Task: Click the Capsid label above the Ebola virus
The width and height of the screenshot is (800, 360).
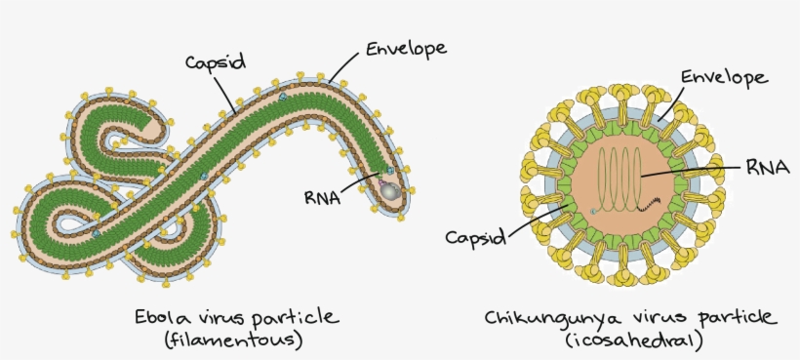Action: [211, 60]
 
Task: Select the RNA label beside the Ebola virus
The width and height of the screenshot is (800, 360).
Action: [322, 198]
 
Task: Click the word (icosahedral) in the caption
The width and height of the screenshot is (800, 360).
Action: [631, 341]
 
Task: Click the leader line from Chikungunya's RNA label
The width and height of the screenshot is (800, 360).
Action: [692, 170]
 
